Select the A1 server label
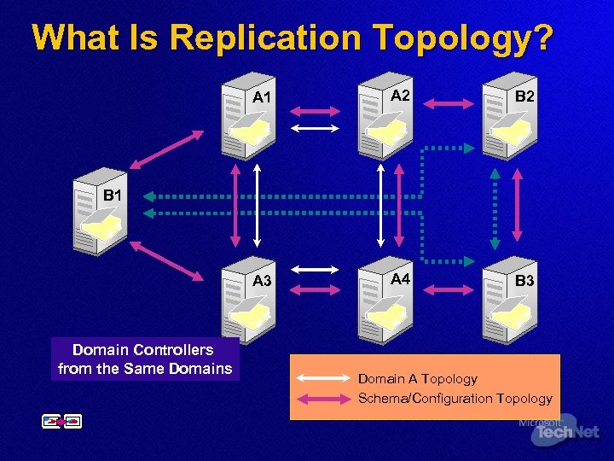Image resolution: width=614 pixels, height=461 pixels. point(262,97)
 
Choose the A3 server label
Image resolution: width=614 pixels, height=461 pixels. point(262,282)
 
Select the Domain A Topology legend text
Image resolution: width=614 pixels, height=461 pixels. point(417,378)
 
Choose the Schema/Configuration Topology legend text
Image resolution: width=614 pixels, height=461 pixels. point(455,398)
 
